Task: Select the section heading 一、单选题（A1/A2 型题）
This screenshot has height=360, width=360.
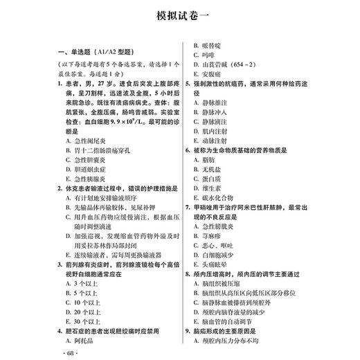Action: click(x=97, y=52)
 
